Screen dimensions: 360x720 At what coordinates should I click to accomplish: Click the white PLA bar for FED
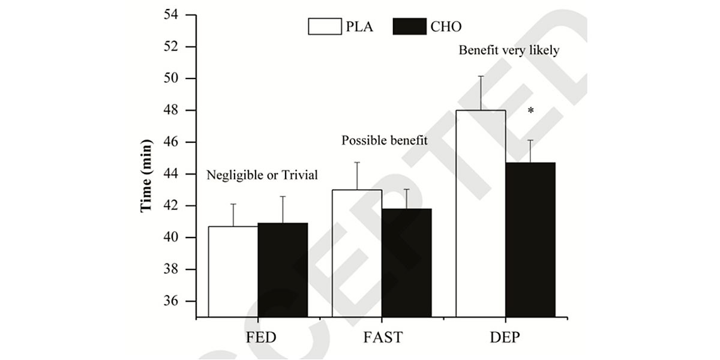click(x=233, y=271)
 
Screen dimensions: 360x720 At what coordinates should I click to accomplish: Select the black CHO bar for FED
click(x=283, y=270)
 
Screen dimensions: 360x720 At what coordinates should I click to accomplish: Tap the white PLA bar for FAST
click(x=357, y=253)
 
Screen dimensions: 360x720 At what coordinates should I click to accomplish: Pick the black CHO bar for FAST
click(x=407, y=263)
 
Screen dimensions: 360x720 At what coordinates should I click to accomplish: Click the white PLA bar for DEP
click(x=481, y=214)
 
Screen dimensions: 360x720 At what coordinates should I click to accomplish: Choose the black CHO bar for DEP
click(x=530, y=239)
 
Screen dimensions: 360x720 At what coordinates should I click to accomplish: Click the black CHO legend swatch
click(x=409, y=26)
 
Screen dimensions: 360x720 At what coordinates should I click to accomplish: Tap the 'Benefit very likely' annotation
click(x=509, y=50)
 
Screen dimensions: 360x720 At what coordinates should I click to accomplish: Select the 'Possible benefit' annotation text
click(x=385, y=141)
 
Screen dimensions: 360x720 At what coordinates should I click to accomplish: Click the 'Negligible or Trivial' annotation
click(x=262, y=175)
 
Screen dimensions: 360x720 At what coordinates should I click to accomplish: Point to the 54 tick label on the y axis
click(x=173, y=15)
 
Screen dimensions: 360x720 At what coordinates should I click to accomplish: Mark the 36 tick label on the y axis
click(x=173, y=301)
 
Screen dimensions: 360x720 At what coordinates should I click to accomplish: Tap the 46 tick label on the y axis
click(x=173, y=142)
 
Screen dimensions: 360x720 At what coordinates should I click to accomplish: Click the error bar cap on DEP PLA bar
click(x=481, y=76)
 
